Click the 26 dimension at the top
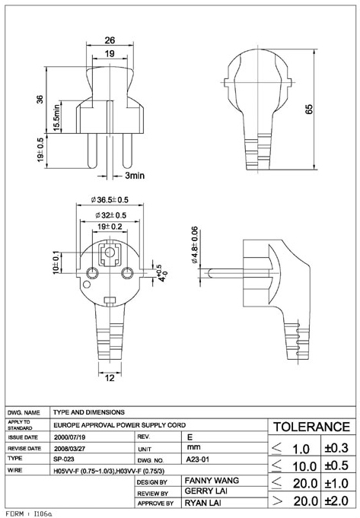(110, 40)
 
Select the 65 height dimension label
(309, 110)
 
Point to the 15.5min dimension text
(57, 117)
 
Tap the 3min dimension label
(135, 176)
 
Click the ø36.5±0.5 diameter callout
(110, 200)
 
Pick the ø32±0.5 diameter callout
(111, 215)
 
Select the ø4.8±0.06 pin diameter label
(195, 245)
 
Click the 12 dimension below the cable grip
(110, 377)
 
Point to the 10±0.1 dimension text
(56, 262)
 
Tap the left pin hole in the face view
(92, 273)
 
